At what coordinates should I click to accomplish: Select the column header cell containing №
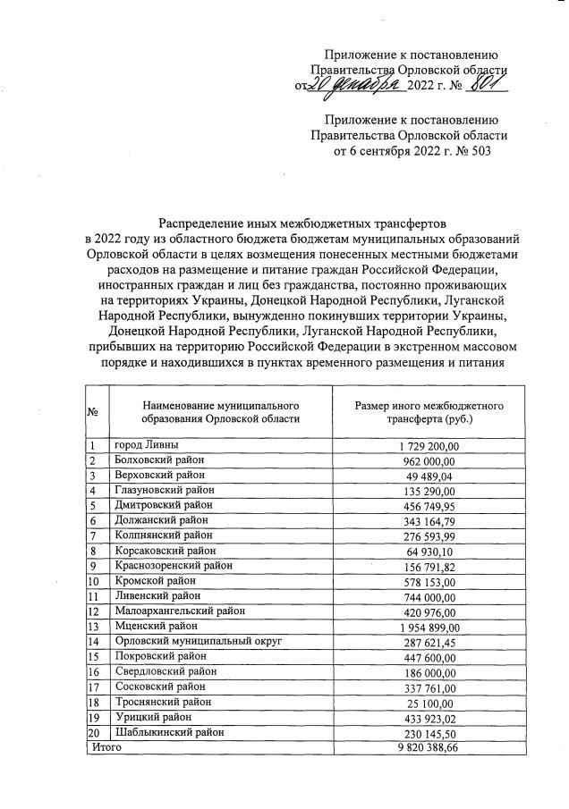pyautogui.click(x=94, y=412)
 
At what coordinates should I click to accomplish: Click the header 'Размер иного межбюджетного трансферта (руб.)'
pyautogui.click(x=429, y=412)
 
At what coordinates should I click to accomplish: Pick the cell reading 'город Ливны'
pyautogui.click(x=148, y=445)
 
